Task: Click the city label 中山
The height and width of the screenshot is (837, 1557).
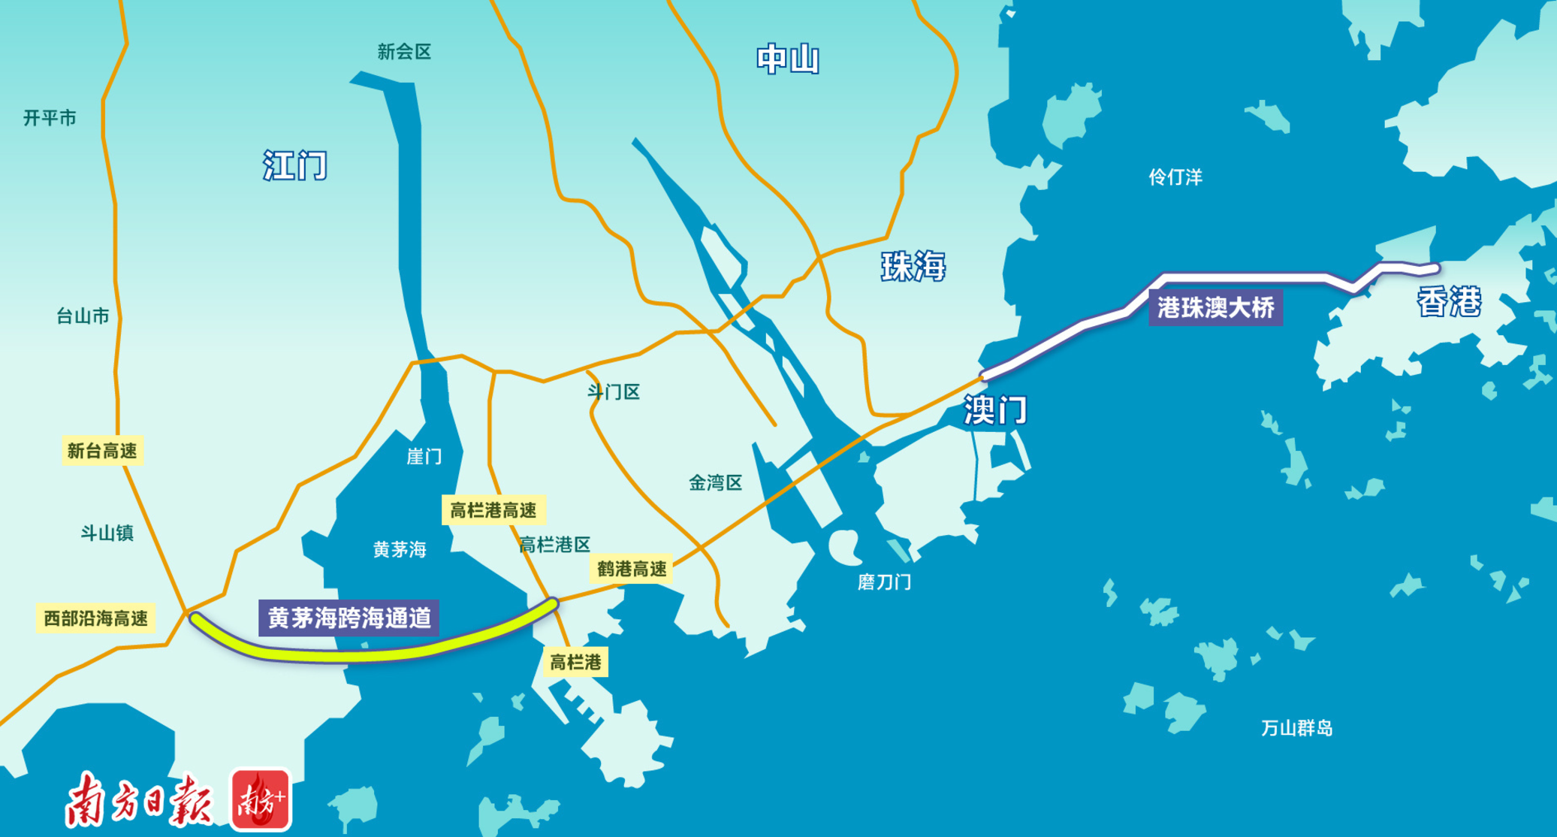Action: pyautogui.click(x=787, y=59)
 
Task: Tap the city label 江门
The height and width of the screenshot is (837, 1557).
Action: pyautogui.click(x=295, y=165)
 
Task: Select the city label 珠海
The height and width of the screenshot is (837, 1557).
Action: pyautogui.click(x=913, y=267)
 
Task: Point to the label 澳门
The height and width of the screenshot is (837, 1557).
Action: pyautogui.click(x=996, y=410)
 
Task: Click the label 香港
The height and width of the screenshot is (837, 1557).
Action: pyautogui.click(x=1449, y=302)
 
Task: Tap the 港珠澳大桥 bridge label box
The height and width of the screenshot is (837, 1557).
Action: pyautogui.click(x=1215, y=307)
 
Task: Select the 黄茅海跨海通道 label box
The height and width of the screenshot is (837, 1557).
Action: pyautogui.click(x=349, y=618)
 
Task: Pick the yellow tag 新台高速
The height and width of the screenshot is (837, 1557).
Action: pyautogui.click(x=102, y=451)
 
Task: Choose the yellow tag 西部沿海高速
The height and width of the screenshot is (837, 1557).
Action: pyautogui.click(x=95, y=618)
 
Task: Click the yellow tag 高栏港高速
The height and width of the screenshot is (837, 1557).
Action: pyautogui.click(x=493, y=511)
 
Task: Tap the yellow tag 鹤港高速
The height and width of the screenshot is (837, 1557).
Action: pyautogui.click(x=632, y=569)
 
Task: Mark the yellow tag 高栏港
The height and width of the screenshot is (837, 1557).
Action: pyautogui.click(x=575, y=662)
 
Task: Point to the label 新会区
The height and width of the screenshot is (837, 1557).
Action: pyautogui.click(x=404, y=52)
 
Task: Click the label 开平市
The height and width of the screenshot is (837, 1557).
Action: pyautogui.click(x=50, y=118)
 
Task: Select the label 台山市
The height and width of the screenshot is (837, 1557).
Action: pyautogui.click(x=83, y=316)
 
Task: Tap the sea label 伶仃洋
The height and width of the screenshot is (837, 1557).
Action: pyautogui.click(x=1175, y=177)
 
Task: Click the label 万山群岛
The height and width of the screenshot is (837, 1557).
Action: pyautogui.click(x=1296, y=728)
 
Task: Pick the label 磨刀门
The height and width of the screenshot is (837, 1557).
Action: pyautogui.click(x=884, y=582)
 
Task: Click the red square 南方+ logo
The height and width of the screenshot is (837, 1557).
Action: pyautogui.click(x=261, y=800)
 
